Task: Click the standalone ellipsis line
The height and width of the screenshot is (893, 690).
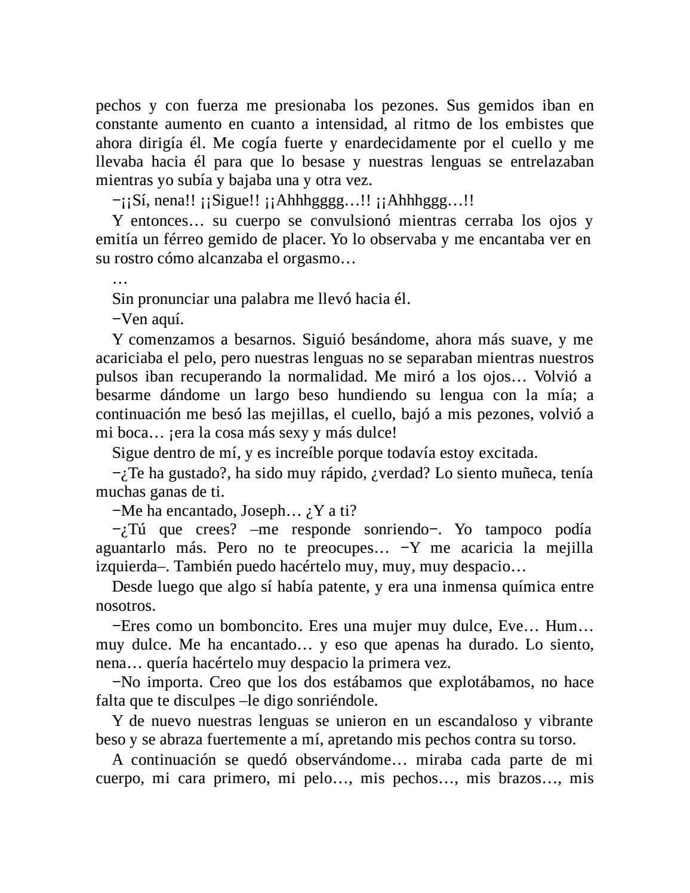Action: click(120, 279)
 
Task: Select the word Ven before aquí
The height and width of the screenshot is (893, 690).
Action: click(134, 319)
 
